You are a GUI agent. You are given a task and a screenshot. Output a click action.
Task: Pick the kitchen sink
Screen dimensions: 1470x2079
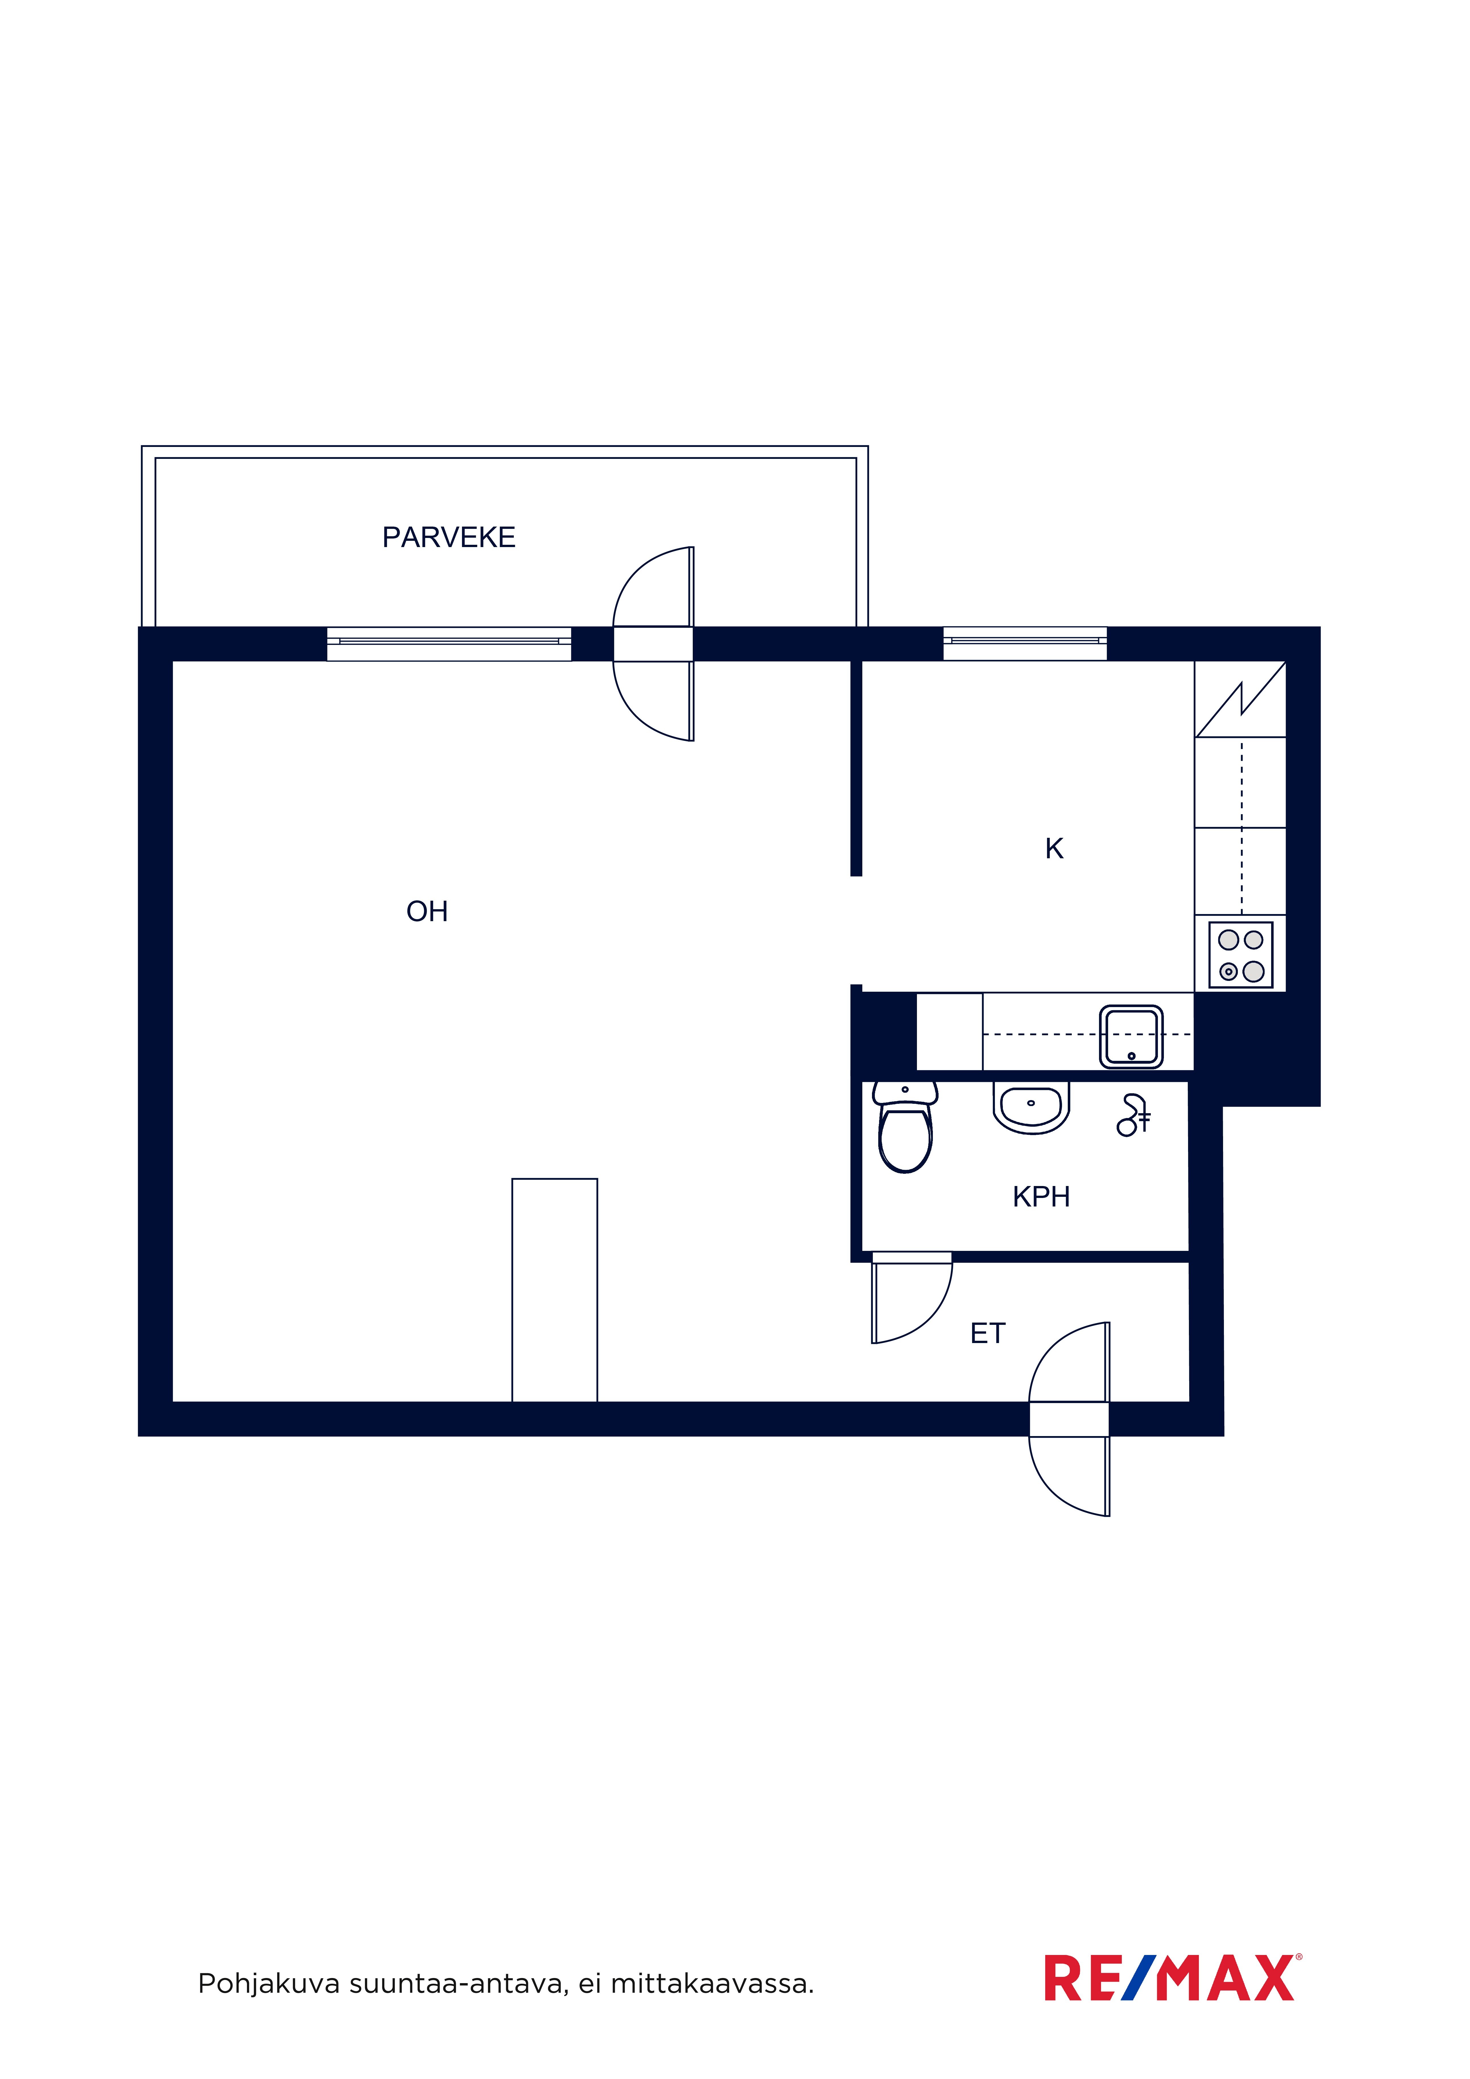click(1131, 1037)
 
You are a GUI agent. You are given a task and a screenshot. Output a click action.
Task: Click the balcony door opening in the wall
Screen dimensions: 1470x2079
click(653, 644)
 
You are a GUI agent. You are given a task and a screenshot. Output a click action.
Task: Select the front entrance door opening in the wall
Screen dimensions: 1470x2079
click(1069, 1419)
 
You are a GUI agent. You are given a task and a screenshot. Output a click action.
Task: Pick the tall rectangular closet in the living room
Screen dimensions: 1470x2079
click(554, 1290)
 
